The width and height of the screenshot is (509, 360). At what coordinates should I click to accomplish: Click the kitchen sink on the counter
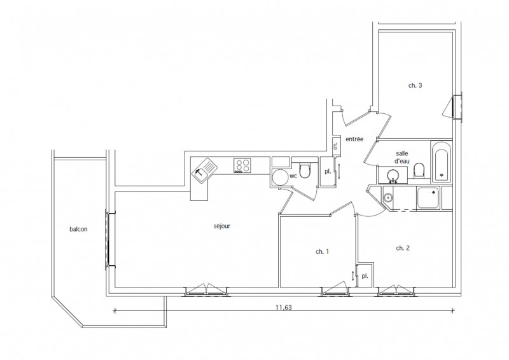pos(205,169)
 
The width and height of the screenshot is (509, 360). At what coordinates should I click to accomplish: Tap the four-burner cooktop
pos(242,165)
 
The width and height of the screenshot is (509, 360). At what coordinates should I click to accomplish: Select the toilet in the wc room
pos(305,171)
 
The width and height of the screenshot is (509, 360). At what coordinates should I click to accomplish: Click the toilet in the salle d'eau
pos(419,170)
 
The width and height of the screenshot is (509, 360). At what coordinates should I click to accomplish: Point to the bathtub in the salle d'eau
pos(442,163)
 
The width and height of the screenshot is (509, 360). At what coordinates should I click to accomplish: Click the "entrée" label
pos(354,139)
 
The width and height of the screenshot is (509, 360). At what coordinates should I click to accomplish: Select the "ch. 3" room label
pos(415,85)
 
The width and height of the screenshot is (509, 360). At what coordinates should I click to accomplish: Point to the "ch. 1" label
pos(323,251)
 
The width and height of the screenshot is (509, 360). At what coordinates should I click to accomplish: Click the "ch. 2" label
pos(402,247)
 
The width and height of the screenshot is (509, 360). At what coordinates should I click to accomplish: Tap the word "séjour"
pos(221,226)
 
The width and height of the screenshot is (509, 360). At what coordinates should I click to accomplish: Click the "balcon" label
pos(79,230)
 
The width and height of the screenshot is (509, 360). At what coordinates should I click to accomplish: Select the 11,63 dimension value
pos(284,307)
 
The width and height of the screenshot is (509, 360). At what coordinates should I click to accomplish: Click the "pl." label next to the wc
pos(328,172)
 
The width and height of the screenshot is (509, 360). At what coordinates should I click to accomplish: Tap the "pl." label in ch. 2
pos(365,276)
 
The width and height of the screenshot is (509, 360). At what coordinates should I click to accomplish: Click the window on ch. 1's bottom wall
pos(336,291)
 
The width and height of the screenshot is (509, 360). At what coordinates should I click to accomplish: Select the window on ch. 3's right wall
pos(457,106)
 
